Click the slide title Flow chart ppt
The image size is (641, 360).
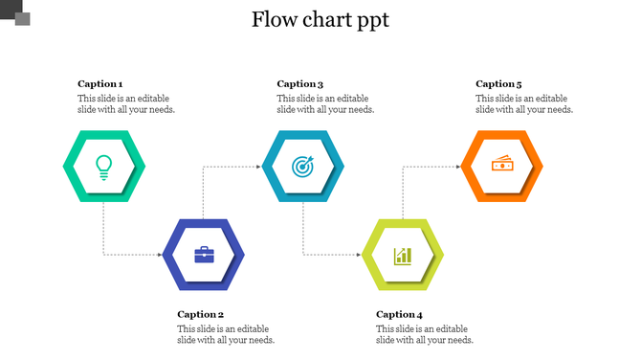[x=320, y=20]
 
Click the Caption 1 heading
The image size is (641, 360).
[x=100, y=83]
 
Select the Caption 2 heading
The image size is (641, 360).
[x=200, y=314]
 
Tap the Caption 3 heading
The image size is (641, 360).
[x=300, y=83]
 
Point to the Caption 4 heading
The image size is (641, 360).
[x=399, y=314]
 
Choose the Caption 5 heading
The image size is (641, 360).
[x=498, y=83]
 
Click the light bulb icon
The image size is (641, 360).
[x=104, y=166]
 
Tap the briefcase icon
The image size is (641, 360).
[x=204, y=254]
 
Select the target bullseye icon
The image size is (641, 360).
[x=303, y=166]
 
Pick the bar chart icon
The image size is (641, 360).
[x=403, y=255]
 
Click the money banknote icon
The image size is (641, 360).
[x=502, y=165]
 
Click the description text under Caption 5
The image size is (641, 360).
[x=524, y=103]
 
